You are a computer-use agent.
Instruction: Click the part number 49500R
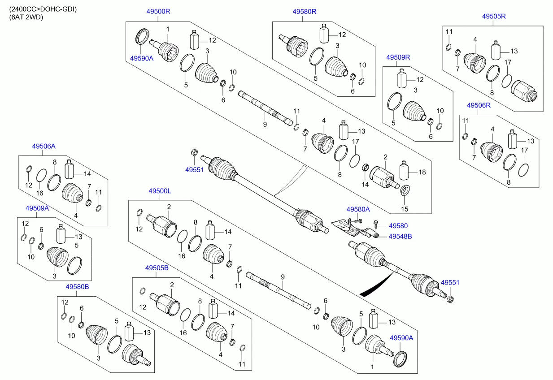[x=159, y=12]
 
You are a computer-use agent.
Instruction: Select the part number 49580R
[x=305, y=12]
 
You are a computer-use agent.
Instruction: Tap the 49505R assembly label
[x=494, y=16]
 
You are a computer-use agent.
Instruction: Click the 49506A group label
[x=44, y=146]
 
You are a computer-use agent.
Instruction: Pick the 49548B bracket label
[x=400, y=236]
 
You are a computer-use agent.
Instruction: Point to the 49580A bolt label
[x=358, y=209]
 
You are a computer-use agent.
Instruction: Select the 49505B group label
[x=157, y=268]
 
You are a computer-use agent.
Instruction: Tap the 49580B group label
[x=77, y=286]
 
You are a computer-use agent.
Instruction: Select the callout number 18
[x=422, y=172]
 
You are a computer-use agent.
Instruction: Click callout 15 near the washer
[x=405, y=209]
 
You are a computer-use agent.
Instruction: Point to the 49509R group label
[x=398, y=57]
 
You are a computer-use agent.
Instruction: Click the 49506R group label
[x=479, y=105]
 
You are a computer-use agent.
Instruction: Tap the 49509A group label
[x=37, y=208]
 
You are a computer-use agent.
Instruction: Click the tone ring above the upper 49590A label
[x=142, y=36]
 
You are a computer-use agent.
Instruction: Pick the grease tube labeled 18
[x=403, y=171]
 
